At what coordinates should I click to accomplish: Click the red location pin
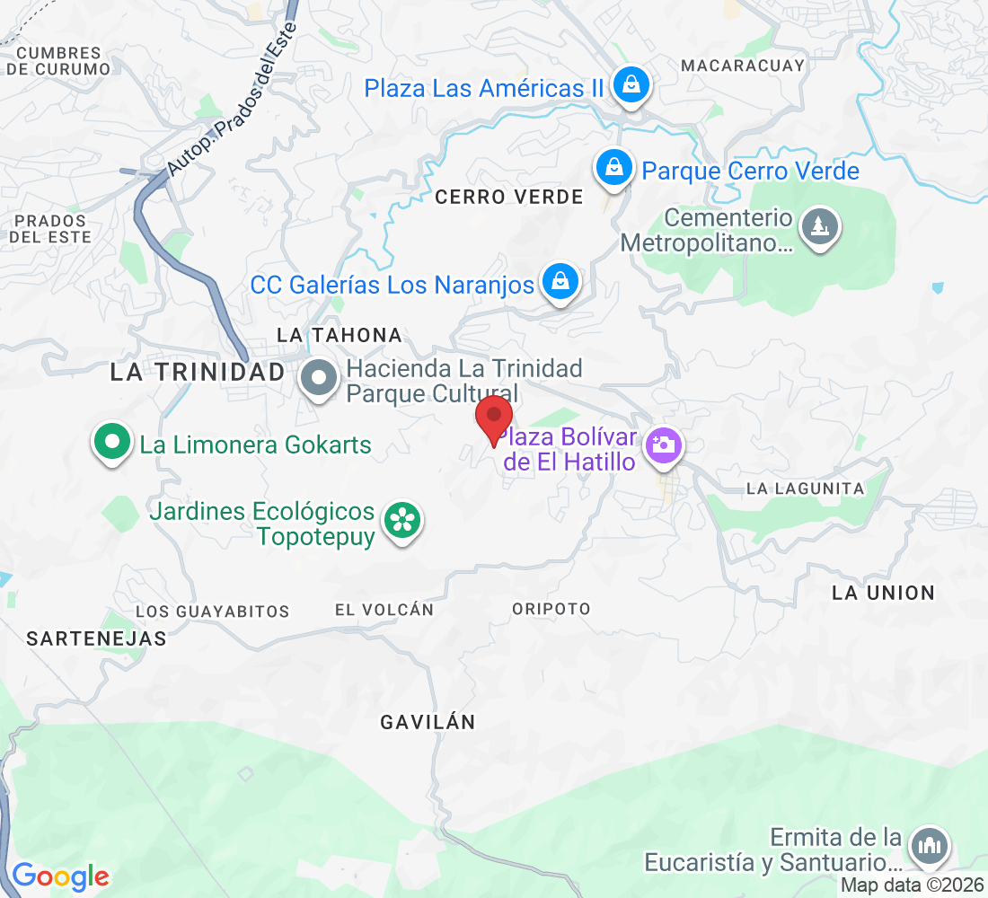click(x=493, y=418)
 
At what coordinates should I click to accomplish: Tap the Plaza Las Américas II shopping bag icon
click(x=631, y=86)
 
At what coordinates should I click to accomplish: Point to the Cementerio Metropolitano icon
click(x=819, y=226)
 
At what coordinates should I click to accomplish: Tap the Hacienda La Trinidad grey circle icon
click(x=319, y=379)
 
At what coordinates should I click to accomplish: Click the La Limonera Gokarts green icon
click(x=112, y=443)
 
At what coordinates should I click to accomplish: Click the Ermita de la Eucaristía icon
click(x=928, y=847)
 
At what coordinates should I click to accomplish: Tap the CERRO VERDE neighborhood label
click(x=509, y=198)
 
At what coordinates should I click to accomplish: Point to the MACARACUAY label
click(x=743, y=66)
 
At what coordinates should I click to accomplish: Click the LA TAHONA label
click(x=340, y=335)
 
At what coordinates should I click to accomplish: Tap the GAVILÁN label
click(x=427, y=722)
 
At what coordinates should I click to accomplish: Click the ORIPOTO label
click(x=551, y=609)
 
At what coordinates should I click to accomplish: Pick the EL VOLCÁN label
click(x=384, y=610)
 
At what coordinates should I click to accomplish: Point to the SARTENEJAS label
click(x=97, y=638)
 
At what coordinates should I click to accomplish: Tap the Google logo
click(x=60, y=876)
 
